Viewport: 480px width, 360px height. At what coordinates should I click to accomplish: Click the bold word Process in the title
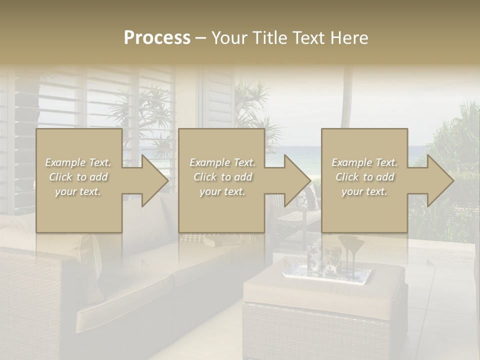click(x=157, y=38)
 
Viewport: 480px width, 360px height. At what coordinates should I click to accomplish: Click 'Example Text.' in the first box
click(x=78, y=162)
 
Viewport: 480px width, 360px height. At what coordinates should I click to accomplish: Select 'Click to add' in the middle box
click(x=222, y=177)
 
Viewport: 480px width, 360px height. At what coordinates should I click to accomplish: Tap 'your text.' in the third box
click(x=364, y=191)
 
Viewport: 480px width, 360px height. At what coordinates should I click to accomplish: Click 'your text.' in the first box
click(x=78, y=191)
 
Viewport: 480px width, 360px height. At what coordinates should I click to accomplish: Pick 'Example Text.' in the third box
click(x=364, y=162)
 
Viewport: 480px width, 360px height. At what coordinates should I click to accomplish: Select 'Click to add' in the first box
click(x=78, y=177)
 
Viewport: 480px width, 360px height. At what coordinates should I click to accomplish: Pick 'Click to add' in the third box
click(x=364, y=177)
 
